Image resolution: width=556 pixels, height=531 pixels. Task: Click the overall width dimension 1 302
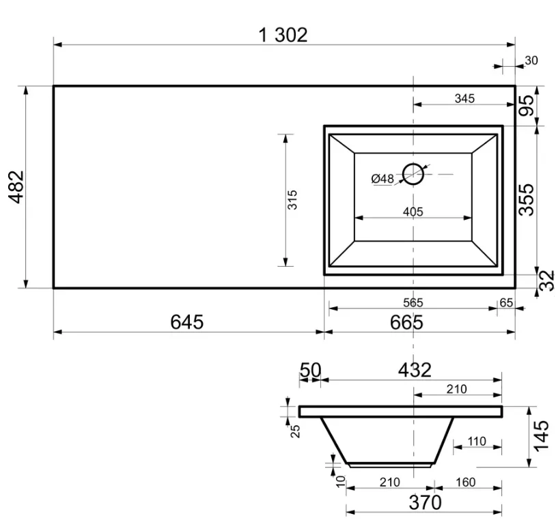point(283,35)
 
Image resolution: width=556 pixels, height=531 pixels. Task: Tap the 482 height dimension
point(16,187)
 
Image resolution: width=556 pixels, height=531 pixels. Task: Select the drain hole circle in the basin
point(413,174)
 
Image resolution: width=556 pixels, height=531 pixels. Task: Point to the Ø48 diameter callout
point(383,179)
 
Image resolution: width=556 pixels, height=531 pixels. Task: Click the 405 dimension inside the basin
point(413,212)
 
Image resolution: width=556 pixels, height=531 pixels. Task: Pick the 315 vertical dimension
point(292,200)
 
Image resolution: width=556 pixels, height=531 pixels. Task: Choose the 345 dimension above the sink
point(464,98)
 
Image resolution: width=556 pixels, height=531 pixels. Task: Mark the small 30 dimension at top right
point(531,61)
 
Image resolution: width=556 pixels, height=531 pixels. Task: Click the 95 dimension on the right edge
point(526,105)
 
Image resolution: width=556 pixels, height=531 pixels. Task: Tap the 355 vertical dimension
point(526,199)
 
